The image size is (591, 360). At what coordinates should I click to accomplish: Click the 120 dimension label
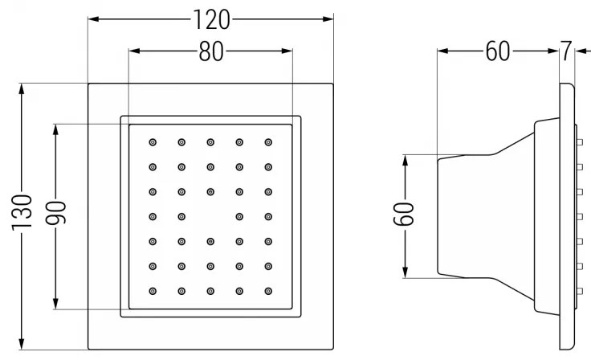211,18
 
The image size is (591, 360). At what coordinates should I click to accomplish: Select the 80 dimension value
211,52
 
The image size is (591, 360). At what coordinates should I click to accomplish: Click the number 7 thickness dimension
566,52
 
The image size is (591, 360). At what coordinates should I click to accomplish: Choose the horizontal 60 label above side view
498,52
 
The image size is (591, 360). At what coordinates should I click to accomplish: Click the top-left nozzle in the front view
153,142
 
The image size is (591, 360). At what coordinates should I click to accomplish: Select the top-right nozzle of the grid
268,142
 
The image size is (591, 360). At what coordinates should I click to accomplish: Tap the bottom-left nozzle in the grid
153,290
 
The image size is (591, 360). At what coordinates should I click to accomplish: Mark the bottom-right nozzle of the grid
268,290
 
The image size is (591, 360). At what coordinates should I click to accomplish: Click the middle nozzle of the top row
210,142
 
